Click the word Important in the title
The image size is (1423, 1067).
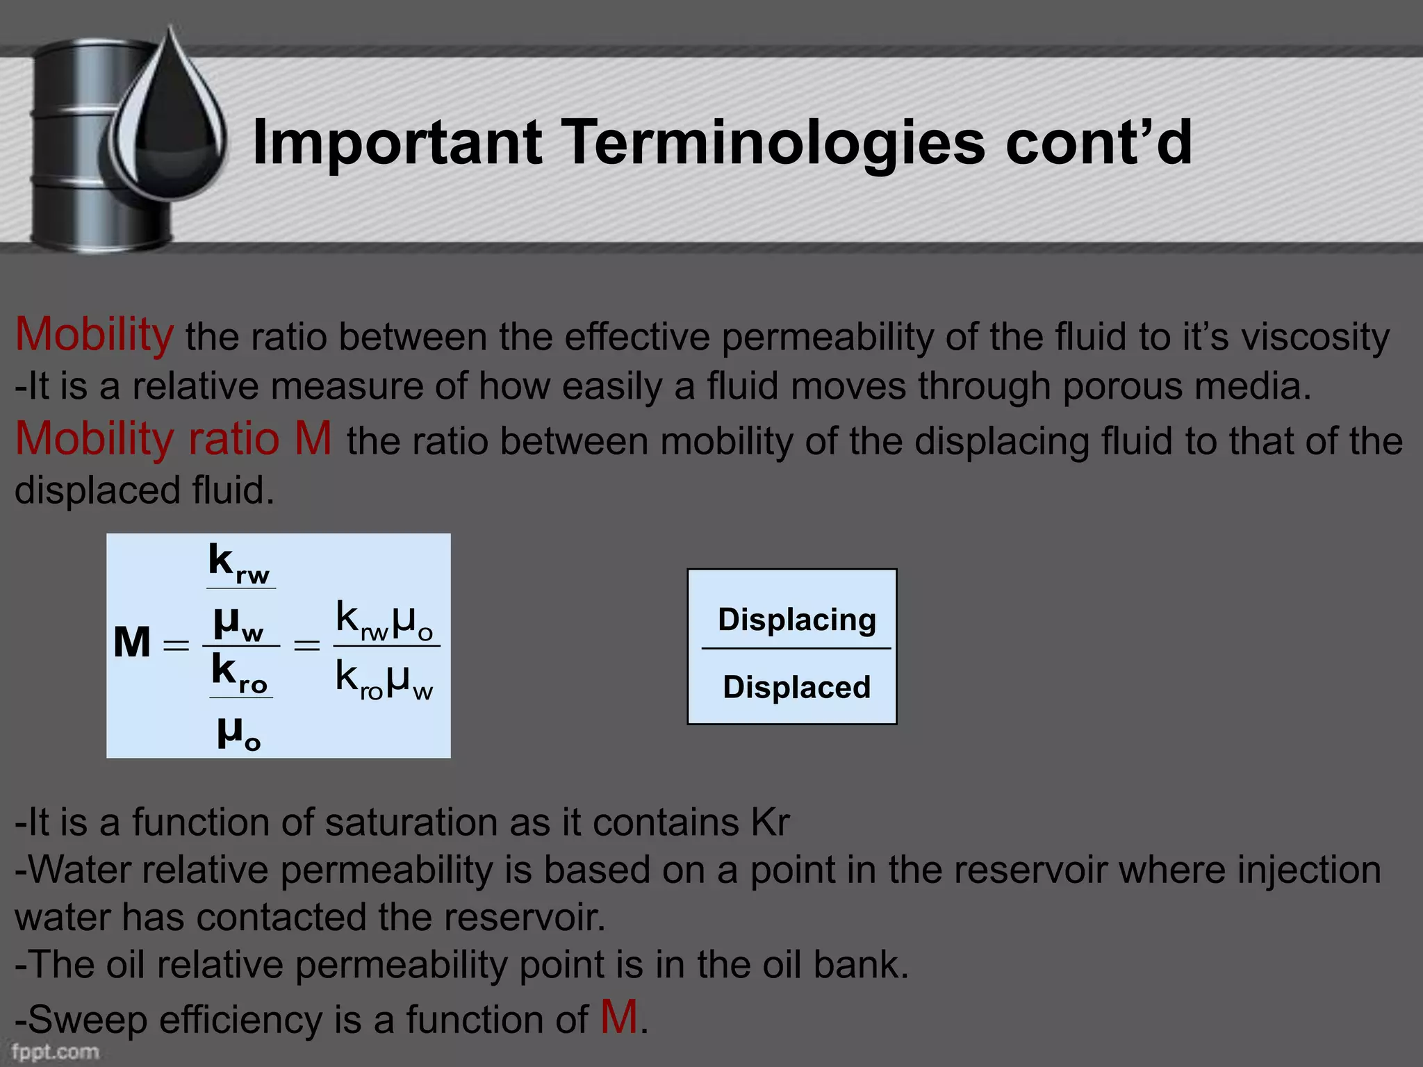pyautogui.click(x=397, y=143)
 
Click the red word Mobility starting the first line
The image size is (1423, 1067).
pyautogui.click(x=94, y=335)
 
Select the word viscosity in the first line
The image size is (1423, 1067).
pyautogui.click(x=1315, y=338)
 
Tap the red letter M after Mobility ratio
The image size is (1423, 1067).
pyautogui.click(x=313, y=439)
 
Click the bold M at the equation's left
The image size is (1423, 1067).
pyautogui.click(x=132, y=643)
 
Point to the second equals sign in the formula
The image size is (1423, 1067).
pyautogui.click(x=306, y=646)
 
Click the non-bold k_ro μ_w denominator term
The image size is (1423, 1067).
pyautogui.click(x=384, y=679)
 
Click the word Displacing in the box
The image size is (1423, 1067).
pyautogui.click(x=796, y=620)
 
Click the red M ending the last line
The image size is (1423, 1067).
pyautogui.click(x=618, y=1018)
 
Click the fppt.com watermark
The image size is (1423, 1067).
pyautogui.click(x=56, y=1052)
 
